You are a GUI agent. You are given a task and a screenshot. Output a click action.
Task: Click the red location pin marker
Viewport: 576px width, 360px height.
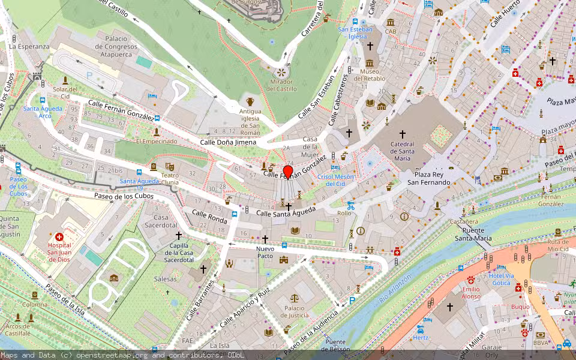coord(288,172)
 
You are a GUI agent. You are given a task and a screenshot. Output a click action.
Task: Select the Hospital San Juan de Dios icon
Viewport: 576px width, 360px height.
coord(59,237)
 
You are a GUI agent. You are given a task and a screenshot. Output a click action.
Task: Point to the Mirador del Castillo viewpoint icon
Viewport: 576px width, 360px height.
coord(280,72)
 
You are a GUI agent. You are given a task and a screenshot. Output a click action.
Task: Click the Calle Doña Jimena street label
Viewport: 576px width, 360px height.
coord(228,142)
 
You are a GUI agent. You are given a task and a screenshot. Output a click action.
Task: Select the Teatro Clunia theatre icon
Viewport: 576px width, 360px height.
coord(170,166)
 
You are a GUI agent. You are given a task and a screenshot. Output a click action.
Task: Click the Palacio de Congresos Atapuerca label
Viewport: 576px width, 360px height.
coord(112,47)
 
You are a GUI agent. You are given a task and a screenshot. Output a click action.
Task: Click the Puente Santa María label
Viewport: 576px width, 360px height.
coord(473,234)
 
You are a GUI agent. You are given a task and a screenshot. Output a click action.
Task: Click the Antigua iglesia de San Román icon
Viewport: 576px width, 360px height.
coord(250,100)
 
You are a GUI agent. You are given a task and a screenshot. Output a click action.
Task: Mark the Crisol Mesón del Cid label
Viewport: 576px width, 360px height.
coord(336,180)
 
